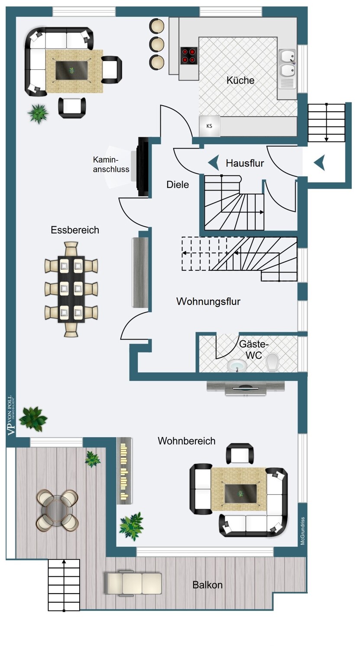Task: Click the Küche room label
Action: pos(240,81)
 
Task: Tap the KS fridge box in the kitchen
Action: pos(210,126)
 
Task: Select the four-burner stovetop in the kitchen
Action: pos(189,55)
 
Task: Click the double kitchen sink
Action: pos(287,63)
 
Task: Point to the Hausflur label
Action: pos(245,163)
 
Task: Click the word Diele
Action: pos(178,185)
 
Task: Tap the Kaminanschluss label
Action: pos(111,164)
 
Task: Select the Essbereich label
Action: pos(75,230)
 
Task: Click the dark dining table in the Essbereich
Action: pos(71,289)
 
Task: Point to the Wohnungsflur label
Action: pos(208,302)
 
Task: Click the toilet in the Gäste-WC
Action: pos(272,363)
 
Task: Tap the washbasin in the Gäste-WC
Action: pos(237,365)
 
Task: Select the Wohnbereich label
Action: pos(186,441)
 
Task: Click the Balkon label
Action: pos(208,585)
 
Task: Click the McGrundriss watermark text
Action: pos(303,531)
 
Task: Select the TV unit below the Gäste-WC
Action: pos(246,387)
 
